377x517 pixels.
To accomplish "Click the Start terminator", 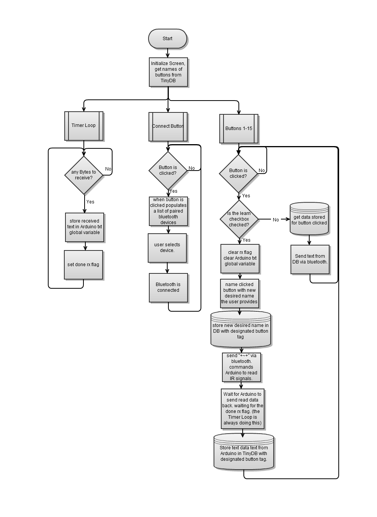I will (168, 39).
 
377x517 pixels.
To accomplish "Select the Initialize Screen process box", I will (168, 72).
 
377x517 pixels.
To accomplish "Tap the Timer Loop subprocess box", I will (83, 126).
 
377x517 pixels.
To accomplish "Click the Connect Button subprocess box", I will (168, 127).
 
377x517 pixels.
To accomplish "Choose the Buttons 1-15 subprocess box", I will (238, 129).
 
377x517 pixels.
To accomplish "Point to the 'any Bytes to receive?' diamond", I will (84, 175).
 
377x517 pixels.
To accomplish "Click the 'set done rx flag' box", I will (83, 265).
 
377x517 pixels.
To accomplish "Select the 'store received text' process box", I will (85, 227).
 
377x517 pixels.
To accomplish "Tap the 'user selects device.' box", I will (167, 248).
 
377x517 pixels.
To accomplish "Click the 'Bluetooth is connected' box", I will (168, 288).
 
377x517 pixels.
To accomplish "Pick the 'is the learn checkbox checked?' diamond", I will (239, 219).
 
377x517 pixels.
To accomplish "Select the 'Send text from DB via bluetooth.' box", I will (310, 259).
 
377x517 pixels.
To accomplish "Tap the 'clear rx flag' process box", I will (240, 258).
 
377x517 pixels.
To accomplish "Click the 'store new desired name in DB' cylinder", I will (241, 330).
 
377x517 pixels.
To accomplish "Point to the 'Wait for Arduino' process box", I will (243, 409).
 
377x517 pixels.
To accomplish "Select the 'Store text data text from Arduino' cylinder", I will (244, 453).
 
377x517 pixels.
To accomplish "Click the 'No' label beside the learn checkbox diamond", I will (276, 220).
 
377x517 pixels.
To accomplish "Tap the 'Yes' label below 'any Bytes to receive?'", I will (90, 202).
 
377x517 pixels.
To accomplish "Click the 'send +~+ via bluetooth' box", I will (242, 367).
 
